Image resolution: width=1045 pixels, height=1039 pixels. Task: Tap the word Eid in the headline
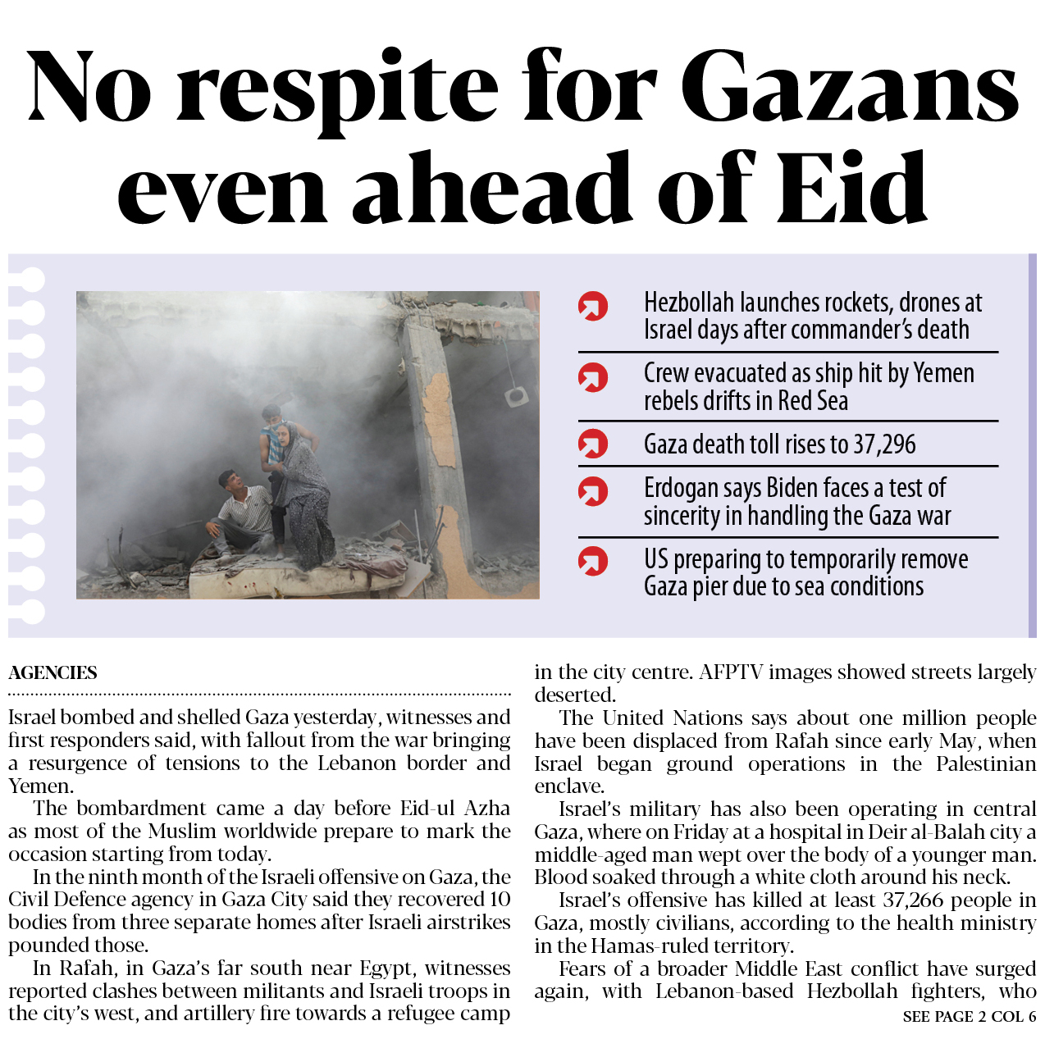coord(852,190)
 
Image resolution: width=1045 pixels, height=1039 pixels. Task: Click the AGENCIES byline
coord(52,673)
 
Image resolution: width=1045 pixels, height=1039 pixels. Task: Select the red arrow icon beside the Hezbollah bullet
coord(593,307)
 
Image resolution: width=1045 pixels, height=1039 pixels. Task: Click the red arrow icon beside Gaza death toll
coord(593,444)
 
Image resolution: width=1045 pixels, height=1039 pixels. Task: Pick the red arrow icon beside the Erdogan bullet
coord(593,491)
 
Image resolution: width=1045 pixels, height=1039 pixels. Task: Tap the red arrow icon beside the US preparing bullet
coord(593,562)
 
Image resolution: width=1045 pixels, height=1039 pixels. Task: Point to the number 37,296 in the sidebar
coord(884,444)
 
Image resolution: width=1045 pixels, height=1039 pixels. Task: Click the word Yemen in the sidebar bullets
coord(943,374)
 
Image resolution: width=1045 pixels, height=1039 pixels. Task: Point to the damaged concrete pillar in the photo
coord(438,435)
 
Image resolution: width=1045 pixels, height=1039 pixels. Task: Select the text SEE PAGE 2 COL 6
coord(969,1017)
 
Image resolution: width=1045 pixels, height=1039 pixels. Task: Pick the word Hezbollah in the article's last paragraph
coord(852,991)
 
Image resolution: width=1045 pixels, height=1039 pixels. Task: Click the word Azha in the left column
coord(487,809)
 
